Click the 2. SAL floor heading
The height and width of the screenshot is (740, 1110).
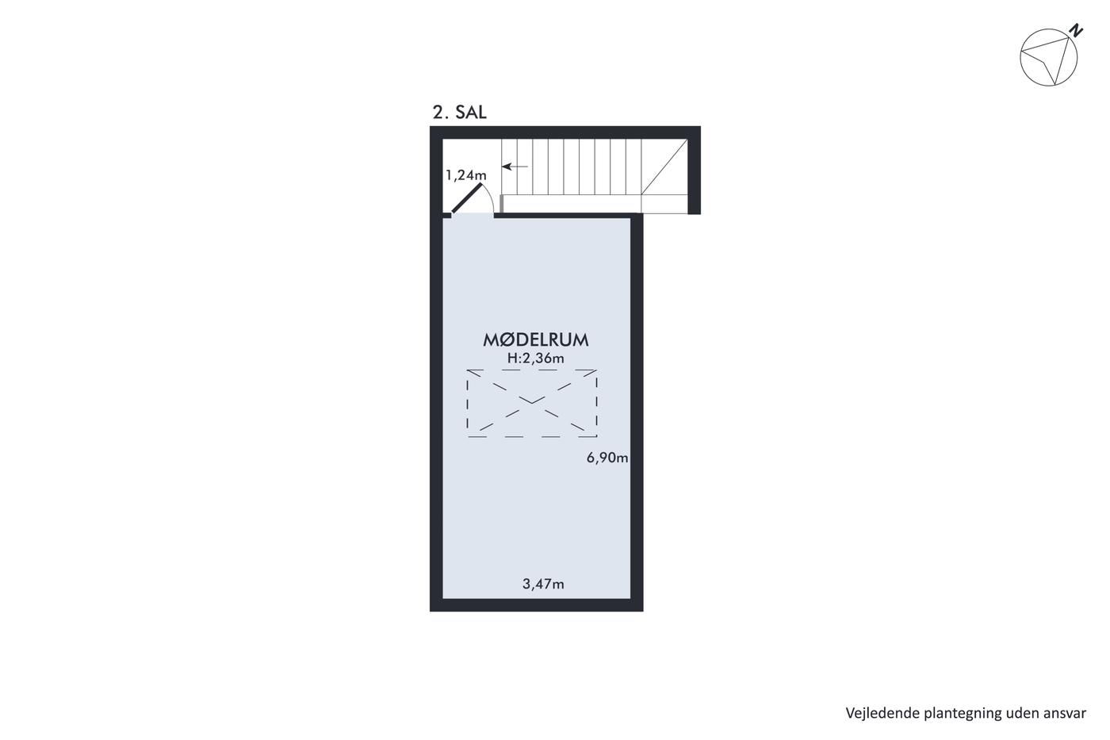459,113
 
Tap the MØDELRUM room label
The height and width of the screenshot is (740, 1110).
536,340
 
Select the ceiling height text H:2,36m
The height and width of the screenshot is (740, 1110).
536,358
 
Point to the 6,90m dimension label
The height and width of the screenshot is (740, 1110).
607,458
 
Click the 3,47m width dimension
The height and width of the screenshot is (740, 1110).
543,585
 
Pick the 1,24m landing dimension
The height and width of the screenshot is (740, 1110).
466,175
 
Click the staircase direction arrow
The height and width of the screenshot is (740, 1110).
515,167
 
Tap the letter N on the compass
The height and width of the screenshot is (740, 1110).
1076,31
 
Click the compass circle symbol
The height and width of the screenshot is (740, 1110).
1048,57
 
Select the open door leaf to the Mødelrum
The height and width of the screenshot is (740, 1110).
466,198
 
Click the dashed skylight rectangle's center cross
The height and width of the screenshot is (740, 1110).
532,404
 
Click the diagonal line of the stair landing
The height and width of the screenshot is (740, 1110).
664,167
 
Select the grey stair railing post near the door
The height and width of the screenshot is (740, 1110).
501,204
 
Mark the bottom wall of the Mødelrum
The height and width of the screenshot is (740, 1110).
536,604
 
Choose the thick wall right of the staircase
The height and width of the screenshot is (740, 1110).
695,170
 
